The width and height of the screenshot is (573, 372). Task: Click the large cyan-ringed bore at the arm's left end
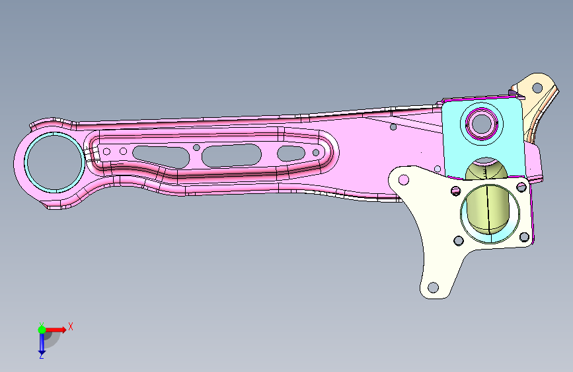coord(55,162)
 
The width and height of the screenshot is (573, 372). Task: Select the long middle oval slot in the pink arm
coord(231,156)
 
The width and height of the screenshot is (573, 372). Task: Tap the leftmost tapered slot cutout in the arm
coord(161,157)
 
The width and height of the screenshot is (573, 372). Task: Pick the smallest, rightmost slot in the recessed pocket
coord(291,154)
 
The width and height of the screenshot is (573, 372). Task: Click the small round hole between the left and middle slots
coord(196,148)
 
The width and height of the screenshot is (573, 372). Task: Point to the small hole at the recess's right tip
coord(316,152)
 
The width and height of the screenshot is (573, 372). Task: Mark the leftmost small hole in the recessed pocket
coord(106,151)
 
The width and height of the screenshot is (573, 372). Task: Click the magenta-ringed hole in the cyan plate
coord(481,124)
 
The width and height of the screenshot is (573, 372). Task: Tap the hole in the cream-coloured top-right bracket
coord(537,88)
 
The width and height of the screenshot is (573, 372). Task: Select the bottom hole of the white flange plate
coord(433,287)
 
